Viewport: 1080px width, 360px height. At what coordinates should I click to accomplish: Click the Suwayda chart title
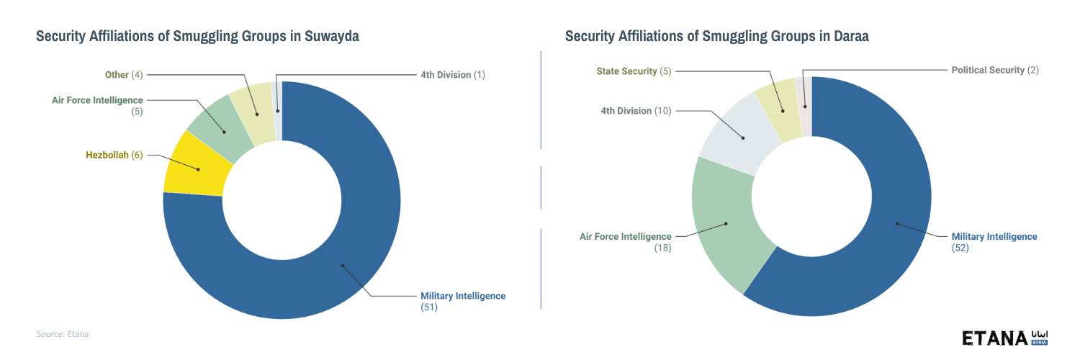[197, 37]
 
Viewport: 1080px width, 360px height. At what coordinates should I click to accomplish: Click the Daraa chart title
[716, 37]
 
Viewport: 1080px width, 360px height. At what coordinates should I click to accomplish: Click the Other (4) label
[124, 75]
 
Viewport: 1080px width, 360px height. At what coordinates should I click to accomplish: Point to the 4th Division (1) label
[453, 75]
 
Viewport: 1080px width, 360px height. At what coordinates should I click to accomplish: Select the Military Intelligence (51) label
[462, 301]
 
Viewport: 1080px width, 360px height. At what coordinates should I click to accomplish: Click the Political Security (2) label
[995, 70]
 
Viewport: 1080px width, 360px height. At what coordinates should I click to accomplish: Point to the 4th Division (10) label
[635, 111]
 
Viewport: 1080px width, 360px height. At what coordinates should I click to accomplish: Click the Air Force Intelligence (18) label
[626, 242]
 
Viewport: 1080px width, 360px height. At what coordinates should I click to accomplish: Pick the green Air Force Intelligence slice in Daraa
[727, 224]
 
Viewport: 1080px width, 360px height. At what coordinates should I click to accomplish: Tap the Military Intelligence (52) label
[994, 242]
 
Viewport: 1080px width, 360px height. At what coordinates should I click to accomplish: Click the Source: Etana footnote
[63, 334]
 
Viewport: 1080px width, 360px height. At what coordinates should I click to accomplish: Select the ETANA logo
[1004, 338]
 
